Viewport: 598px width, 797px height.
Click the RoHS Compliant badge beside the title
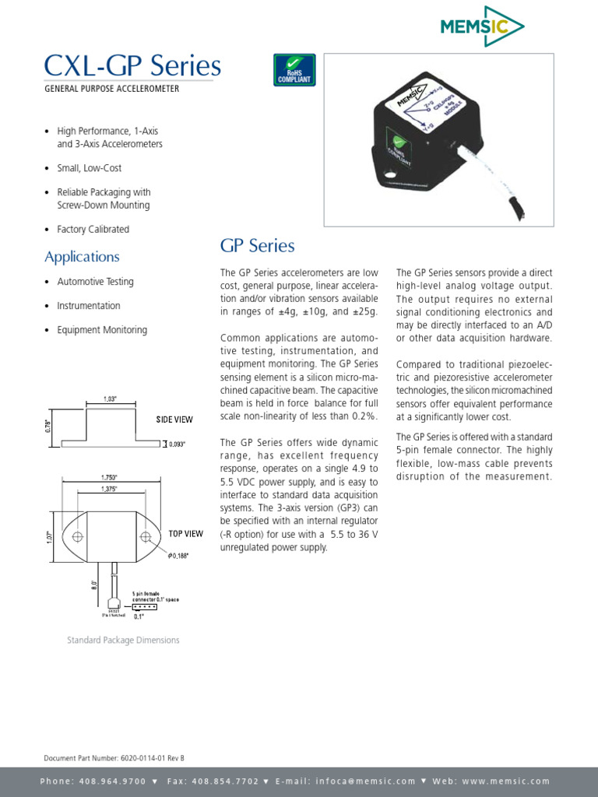pos(294,70)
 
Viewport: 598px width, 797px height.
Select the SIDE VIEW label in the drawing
pos(174,420)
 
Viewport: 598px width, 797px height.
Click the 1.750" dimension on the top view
pos(110,477)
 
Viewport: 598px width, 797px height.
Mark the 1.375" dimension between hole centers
pos(111,487)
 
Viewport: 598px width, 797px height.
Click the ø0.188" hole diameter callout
pos(179,555)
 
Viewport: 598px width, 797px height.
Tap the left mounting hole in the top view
pos(77,537)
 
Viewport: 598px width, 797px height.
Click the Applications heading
pos(82,257)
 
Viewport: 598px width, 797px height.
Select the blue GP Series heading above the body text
pos(257,246)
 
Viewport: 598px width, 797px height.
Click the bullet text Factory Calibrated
pos(93,230)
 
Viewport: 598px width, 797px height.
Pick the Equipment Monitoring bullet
pos(101,330)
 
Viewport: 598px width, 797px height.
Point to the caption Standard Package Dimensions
pos(123,641)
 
